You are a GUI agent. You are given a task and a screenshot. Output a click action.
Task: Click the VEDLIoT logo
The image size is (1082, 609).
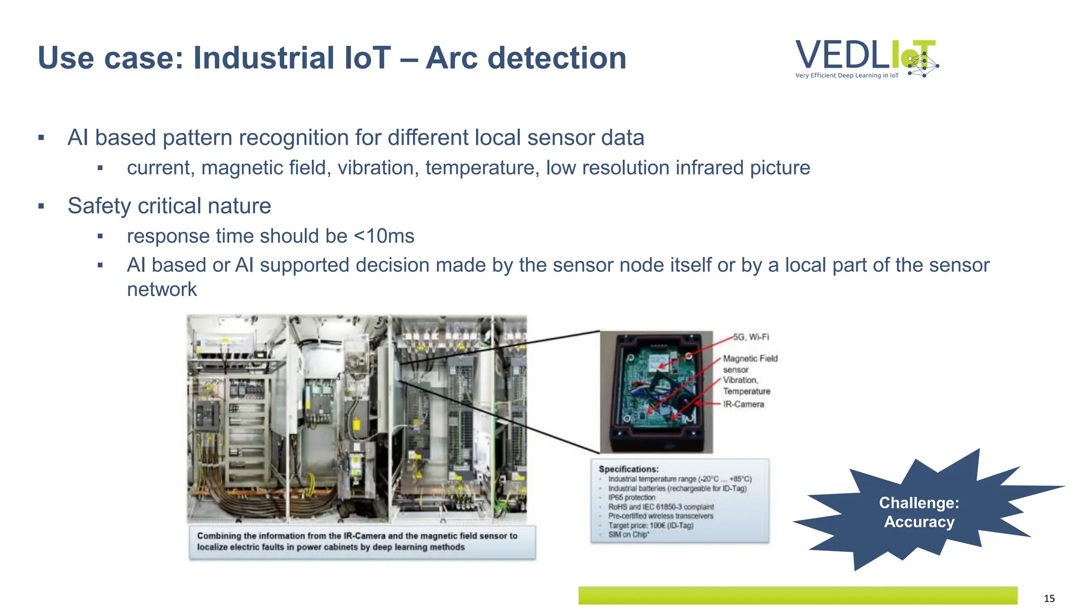(866, 58)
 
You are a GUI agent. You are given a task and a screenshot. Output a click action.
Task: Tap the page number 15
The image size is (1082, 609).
(1049, 598)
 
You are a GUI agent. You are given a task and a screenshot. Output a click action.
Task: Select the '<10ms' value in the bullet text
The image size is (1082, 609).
(384, 236)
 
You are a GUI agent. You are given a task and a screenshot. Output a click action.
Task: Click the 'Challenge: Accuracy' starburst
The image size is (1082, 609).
(919, 512)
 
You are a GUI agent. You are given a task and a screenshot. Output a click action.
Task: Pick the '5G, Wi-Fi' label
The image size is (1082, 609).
(751, 337)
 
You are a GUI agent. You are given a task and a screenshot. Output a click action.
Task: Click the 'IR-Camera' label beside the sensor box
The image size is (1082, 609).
(743, 404)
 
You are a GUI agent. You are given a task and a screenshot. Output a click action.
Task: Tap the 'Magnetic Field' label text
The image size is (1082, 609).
(750, 358)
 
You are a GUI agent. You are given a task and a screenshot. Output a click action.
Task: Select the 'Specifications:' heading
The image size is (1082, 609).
(628, 469)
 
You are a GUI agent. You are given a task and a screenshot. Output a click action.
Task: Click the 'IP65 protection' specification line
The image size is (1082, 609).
(631, 497)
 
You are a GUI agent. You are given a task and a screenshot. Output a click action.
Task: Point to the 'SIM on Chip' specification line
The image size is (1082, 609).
(629, 534)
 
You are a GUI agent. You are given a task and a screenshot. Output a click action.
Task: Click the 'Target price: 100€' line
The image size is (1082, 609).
(650, 525)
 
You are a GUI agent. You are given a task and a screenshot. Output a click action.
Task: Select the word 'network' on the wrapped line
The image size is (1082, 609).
(162, 289)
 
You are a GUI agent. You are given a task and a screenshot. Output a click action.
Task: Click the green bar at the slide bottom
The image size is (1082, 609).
(798, 595)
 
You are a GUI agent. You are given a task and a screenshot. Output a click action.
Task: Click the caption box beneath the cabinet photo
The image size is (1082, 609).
(362, 542)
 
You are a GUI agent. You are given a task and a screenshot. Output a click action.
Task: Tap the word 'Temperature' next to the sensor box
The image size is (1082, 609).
(747, 391)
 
